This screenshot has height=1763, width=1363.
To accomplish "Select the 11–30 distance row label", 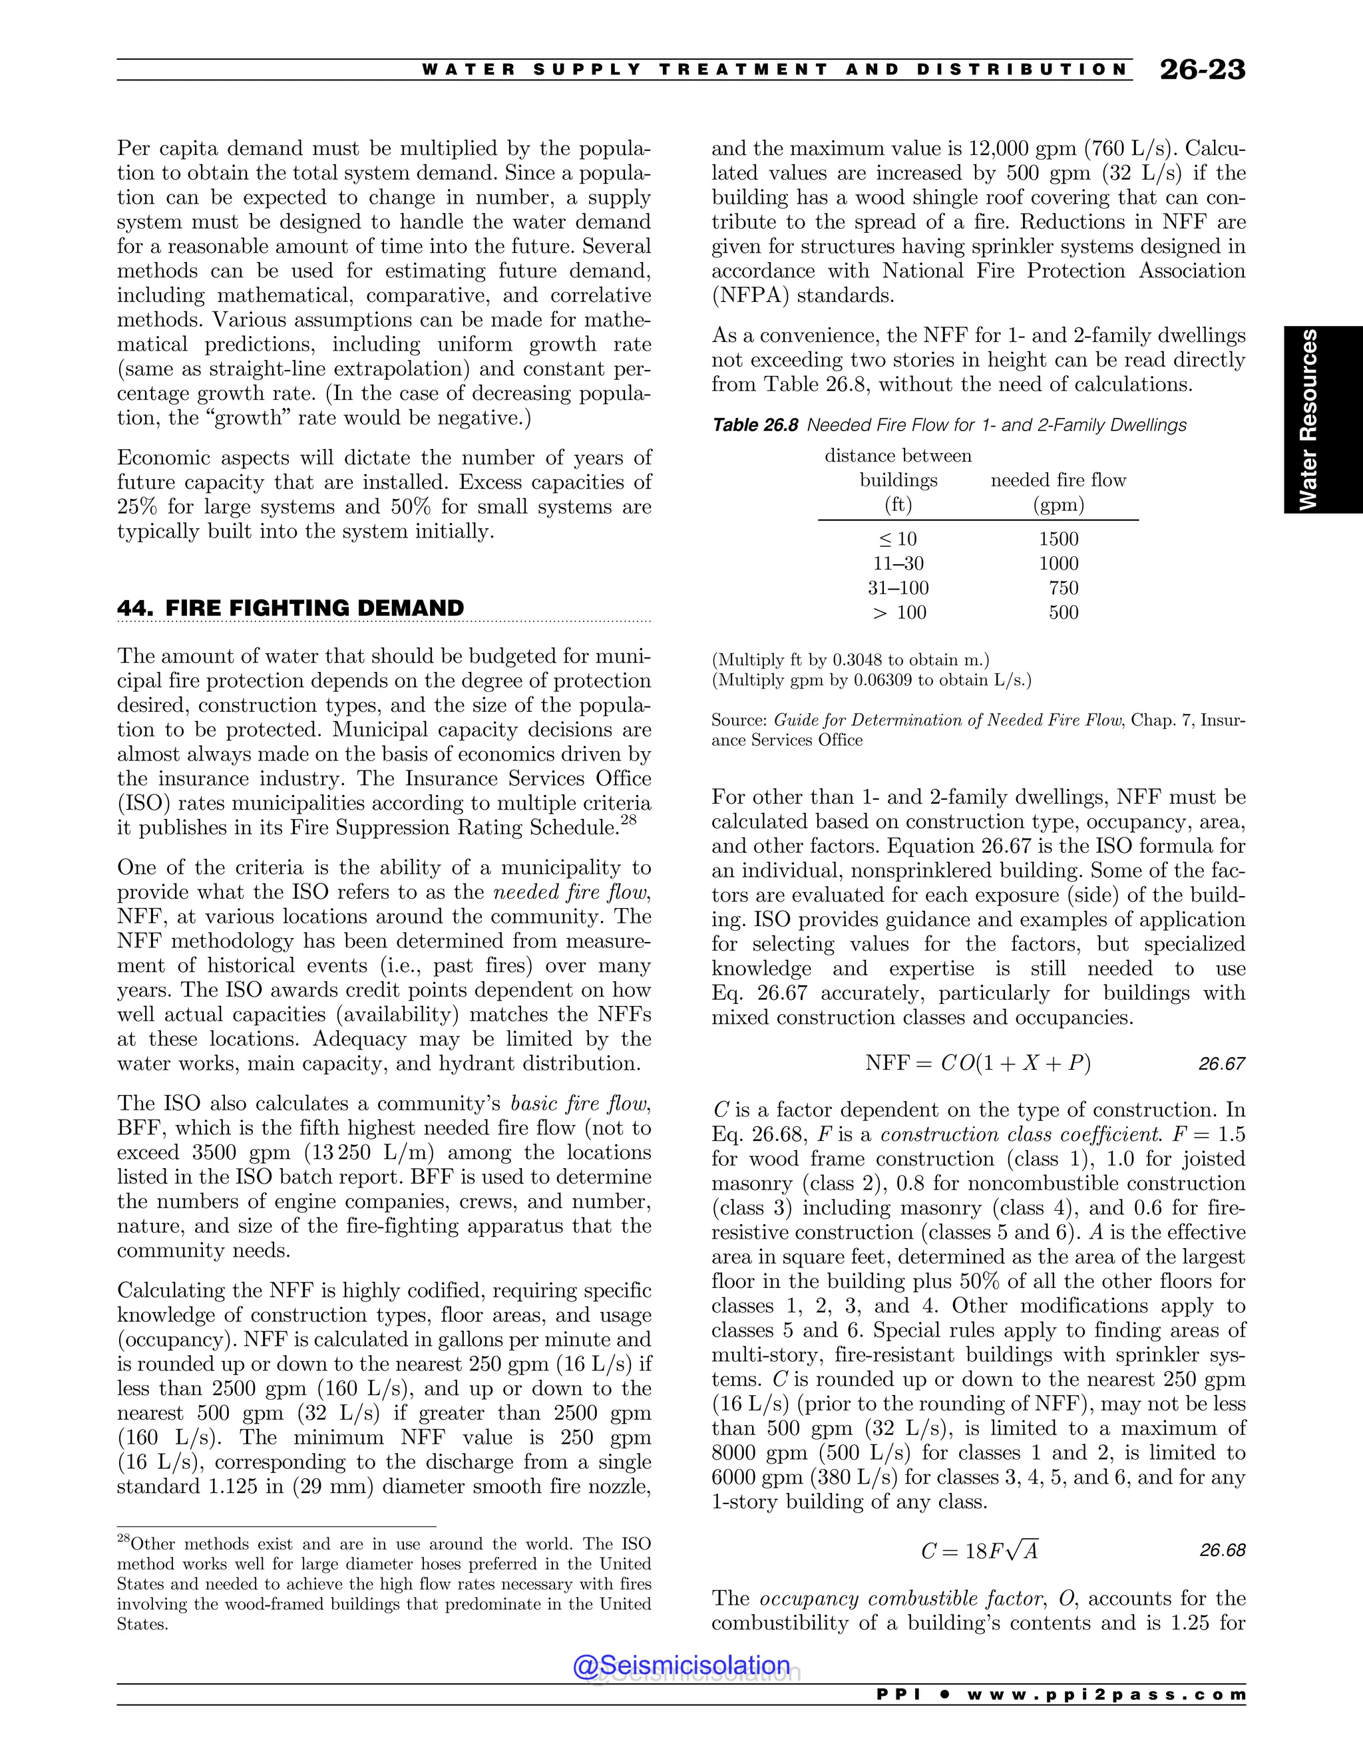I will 898,563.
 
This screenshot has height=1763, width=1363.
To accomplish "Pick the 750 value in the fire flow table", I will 1064,587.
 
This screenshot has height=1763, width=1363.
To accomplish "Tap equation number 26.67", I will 1222,1064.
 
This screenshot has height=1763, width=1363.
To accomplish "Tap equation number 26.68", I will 1222,1551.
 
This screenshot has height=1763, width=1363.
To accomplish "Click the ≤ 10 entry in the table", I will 898,540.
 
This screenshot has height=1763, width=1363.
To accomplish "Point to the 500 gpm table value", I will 1064,613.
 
